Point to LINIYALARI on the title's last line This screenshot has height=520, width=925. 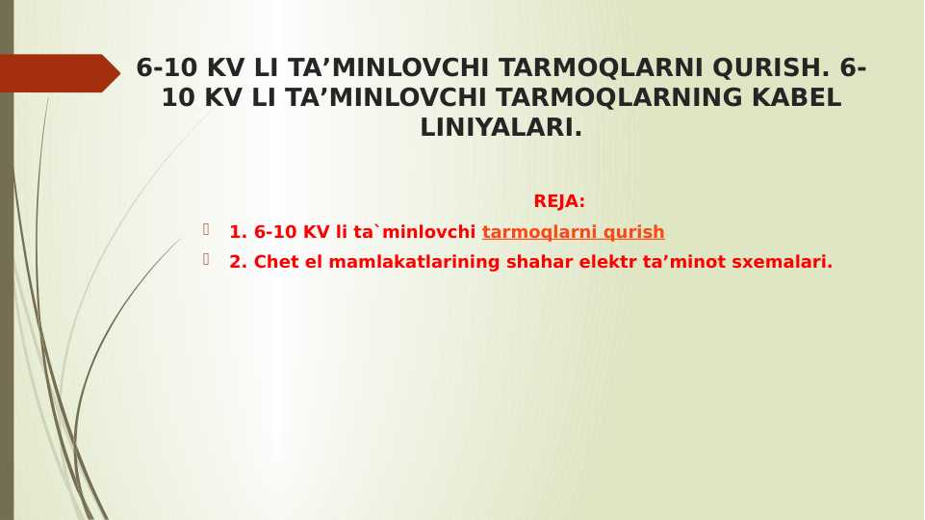coord(501,128)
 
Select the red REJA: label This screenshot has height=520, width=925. coord(559,201)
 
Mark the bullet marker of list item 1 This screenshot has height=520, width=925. coord(206,229)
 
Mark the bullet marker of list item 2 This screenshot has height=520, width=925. coord(206,259)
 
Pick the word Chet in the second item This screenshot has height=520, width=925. coord(276,262)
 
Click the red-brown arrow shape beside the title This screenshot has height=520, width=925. coord(58,73)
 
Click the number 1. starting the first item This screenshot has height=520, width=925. coord(238,232)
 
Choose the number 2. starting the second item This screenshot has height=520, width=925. coord(238,262)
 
